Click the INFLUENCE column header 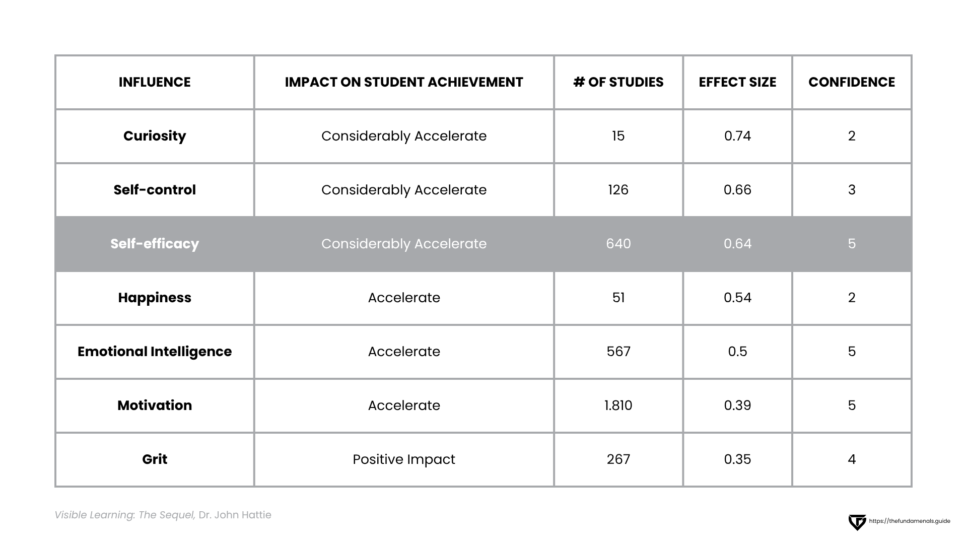[155, 82]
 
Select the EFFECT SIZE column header [737, 82]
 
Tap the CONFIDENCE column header [851, 82]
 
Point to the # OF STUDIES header [618, 82]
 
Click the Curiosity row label [155, 136]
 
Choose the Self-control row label [155, 190]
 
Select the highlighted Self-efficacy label [155, 244]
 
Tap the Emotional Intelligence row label [155, 352]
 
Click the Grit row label [155, 459]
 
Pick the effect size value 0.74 [737, 136]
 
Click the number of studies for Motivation [618, 405]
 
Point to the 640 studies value [618, 244]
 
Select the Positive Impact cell [403, 459]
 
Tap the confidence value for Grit [851, 459]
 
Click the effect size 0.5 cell [737, 352]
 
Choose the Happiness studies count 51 [618, 298]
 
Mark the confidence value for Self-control [851, 190]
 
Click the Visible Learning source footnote [163, 515]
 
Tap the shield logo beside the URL [857, 522]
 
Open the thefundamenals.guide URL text [910, 521]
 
